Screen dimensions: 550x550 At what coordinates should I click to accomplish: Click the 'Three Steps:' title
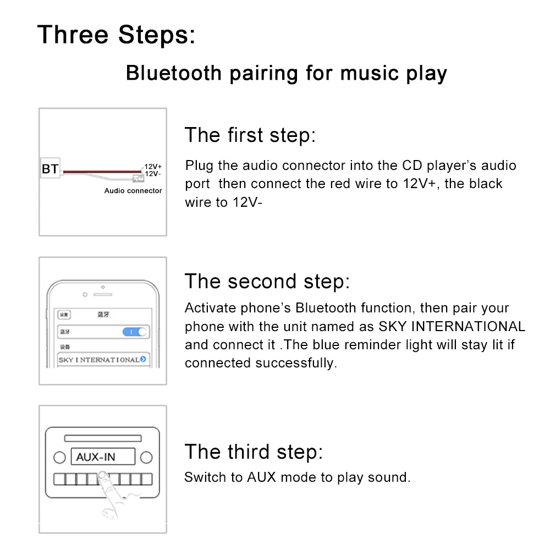[x=116, y=35]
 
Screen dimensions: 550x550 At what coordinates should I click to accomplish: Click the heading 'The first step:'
[x=250, y=135]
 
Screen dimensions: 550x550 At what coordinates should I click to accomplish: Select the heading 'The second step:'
[x=267, y=281]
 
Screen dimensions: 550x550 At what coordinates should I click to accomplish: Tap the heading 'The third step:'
[x=254, y=452]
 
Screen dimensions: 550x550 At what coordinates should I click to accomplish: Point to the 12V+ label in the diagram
[x=153, y=166]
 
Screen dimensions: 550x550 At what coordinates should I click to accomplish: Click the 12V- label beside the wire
[x=153, y=174]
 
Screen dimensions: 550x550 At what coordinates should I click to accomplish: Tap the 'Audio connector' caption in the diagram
[x=133, y=190]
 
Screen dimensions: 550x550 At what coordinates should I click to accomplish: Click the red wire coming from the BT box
[x=102, y=172]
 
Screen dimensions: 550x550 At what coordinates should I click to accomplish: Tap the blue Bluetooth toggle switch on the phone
[x=134, y=332]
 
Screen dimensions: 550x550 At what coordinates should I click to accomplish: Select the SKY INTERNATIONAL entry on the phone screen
[x=103, y=360]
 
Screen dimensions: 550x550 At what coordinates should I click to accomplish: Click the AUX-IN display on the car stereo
[x=103, y=457]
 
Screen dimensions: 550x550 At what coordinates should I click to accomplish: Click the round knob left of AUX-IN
[x=59, y=458]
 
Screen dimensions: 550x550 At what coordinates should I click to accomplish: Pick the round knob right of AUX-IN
[x=146, y=458]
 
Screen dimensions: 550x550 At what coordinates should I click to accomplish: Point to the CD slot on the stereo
[x=103, y=438]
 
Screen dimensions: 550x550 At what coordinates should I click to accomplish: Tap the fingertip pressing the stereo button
[x=103, y=476]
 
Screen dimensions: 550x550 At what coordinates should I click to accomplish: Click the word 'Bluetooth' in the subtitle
[x=174, y=73]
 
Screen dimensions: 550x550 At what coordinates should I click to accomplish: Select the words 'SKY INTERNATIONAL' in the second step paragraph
[x=452, y=326]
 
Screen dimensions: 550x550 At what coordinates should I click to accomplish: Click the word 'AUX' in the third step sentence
[x=262, y=477]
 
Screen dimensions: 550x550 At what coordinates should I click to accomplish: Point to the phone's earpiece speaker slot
[x=103, y=295]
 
